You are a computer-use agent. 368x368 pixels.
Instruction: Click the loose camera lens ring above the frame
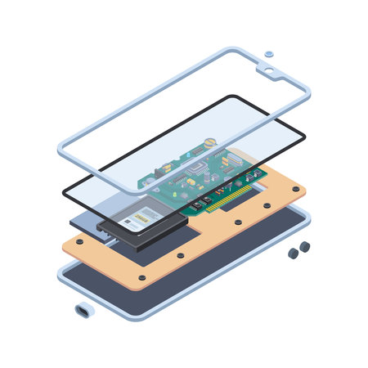click(269, 54)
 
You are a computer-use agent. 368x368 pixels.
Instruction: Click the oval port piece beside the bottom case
click(84, 311)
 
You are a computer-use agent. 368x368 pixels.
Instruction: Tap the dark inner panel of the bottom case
click(164, 286)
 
